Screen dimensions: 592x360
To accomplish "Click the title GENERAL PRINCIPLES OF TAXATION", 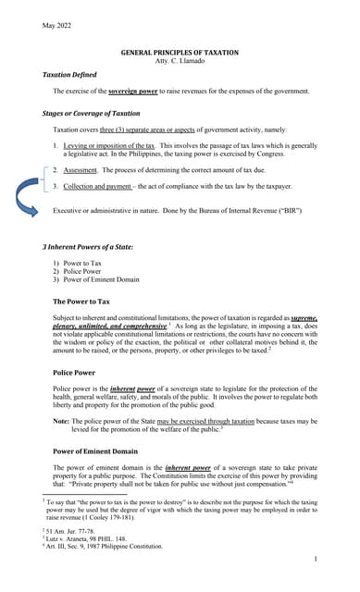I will (180, 53).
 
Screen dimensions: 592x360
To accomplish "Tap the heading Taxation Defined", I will (72, 74).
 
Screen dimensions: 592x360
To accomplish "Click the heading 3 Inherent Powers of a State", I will (88, 247).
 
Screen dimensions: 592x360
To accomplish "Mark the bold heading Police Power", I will (76, 372).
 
